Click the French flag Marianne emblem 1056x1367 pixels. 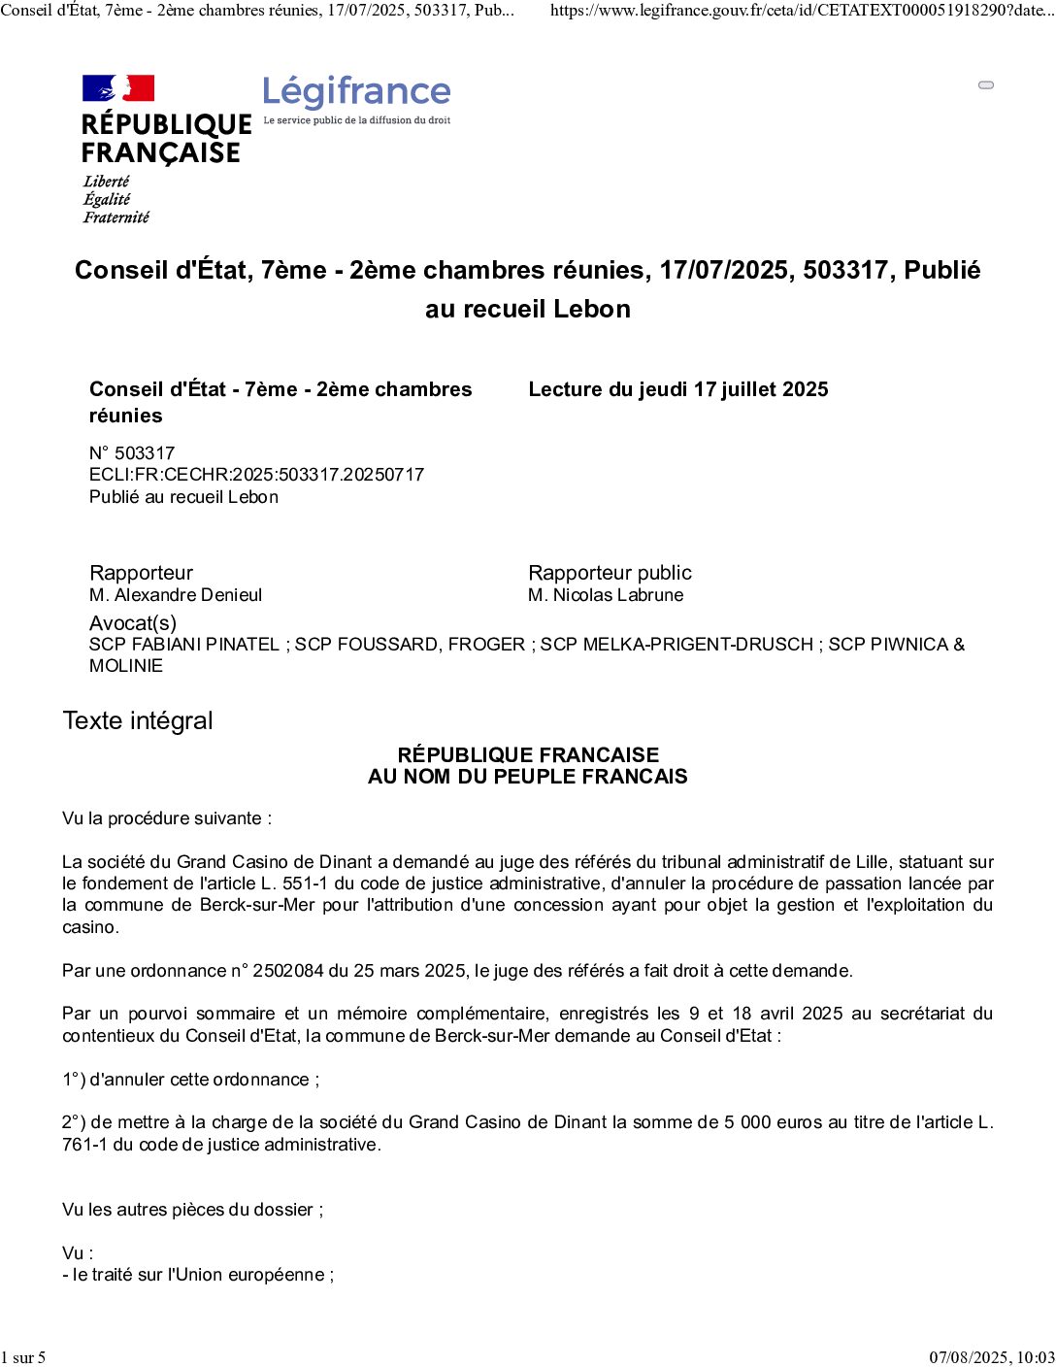point(118,88)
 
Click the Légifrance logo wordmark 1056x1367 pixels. point(356,92)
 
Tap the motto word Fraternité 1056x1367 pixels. point(116,217)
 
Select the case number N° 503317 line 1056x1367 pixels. point(132,452)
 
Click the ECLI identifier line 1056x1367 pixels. point(256,475)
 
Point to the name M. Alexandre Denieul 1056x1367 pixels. point(176,595)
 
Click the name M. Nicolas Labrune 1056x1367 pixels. point(606,595)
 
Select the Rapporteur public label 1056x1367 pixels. point(610,573)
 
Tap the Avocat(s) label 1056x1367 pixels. point(133,623)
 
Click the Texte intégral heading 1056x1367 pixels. point(138,720)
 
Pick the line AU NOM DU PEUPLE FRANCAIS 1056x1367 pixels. point(527,777)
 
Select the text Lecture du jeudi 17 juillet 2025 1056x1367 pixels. point(677,389)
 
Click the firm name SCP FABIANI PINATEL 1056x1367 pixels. point(184,645)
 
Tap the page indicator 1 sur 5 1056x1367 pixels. point(23,1357)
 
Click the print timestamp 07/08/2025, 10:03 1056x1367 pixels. point(991,1357)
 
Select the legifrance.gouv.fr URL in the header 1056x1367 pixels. point(802,11)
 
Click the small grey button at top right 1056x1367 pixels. point(986,85)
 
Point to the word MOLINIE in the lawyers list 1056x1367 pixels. point(126,666)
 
